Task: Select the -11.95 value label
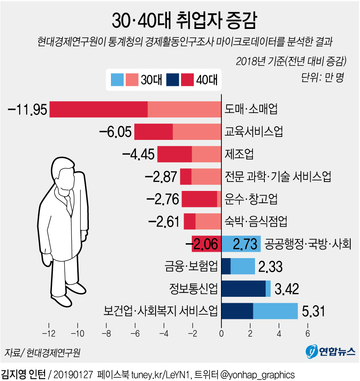28,110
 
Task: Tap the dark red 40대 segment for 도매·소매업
99,109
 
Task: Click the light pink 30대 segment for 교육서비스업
197,132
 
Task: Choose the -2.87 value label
161,176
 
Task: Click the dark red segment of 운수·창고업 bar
199,199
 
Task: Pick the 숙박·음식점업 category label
256,221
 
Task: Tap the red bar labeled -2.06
206,244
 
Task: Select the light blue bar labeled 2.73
241,244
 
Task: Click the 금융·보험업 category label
191,267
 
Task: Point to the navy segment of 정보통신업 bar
244,289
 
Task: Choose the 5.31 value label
313,311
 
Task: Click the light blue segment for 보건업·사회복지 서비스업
275,311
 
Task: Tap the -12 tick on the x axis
49,332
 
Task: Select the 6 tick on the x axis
307,332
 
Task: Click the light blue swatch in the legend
117,80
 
